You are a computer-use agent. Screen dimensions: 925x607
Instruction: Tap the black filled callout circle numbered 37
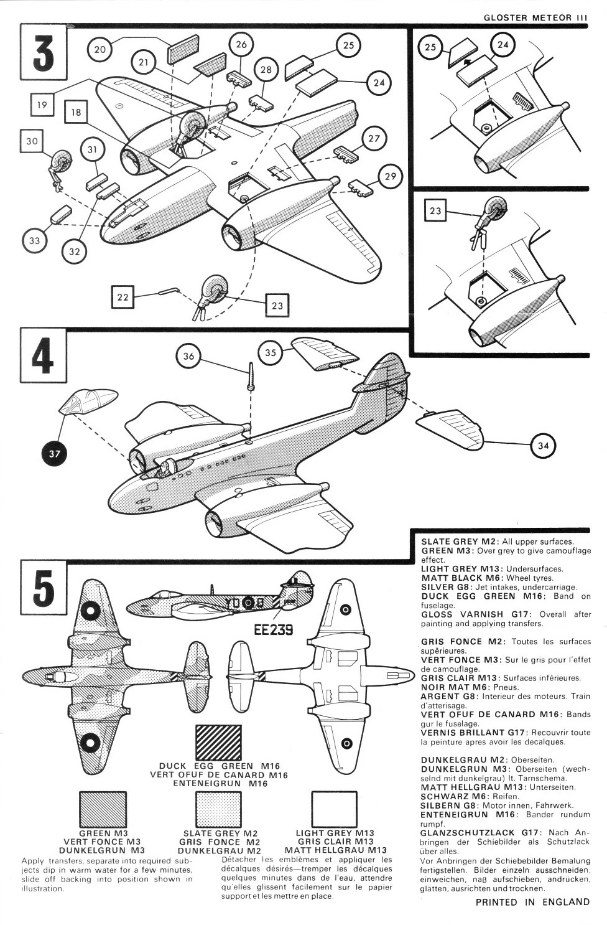pyautogui.click(x=54, y=454)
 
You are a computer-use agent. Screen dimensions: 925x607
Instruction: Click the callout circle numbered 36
pyautogui.click(x=189, y=357)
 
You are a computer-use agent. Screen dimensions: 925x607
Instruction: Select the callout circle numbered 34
pyautogui.click(x=542, y=446)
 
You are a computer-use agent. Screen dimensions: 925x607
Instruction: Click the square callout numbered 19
pyautogui.click(x=42, y=105)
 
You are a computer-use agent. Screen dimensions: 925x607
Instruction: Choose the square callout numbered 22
pyautogui.click(x=123, y=297)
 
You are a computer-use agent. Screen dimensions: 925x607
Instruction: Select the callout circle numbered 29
pyautogui.click(x=390, y=177)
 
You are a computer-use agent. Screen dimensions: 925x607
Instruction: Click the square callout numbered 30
pyautogui.click(x=32, y=141)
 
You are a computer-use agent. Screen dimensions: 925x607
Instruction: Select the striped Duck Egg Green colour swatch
pyautogui.click(x=218, y=741)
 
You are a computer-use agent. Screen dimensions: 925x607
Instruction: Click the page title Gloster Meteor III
pyautogui.click(x=535, y=17)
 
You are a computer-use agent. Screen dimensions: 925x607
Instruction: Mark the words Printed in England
pyautogui.click(x=532, y=901)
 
